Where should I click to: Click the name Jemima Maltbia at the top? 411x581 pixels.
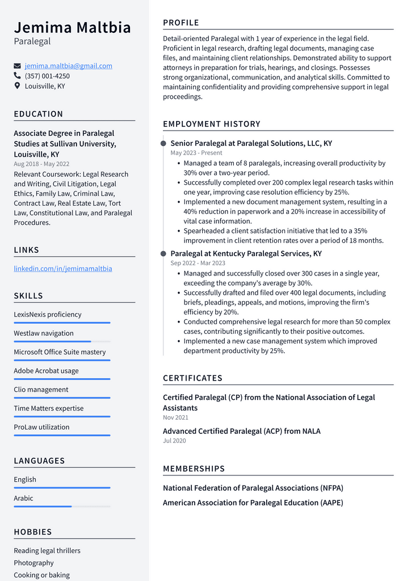point(72,27)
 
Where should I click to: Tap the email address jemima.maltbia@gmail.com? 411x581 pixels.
point(68,66)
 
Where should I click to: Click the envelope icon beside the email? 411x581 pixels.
point(17,66)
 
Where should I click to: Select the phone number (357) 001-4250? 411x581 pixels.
point(47,76)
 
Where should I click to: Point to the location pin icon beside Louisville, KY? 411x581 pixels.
point(17,86)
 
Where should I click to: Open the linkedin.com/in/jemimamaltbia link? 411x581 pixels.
point(62,269)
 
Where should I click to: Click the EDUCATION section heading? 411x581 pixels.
point(39,114)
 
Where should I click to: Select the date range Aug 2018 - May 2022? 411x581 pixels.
point(41,164)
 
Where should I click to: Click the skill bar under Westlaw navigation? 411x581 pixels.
point(62,341)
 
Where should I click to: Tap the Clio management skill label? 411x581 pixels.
point(41,390)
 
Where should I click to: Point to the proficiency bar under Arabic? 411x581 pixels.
point(62,506)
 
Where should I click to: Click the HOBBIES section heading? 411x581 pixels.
point(33,532)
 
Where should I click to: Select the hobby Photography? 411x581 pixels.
point(33,563)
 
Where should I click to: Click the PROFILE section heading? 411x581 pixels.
point(181,23)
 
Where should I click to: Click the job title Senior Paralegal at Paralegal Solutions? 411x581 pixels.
point(251,144)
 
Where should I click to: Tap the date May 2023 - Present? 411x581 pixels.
point(196,153)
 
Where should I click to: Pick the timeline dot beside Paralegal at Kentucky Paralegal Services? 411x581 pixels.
point(163,254)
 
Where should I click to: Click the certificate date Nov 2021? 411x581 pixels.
point(175,417)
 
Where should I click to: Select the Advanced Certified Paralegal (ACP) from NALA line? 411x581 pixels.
point(241,431)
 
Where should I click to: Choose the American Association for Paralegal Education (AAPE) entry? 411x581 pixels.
point(253,503)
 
